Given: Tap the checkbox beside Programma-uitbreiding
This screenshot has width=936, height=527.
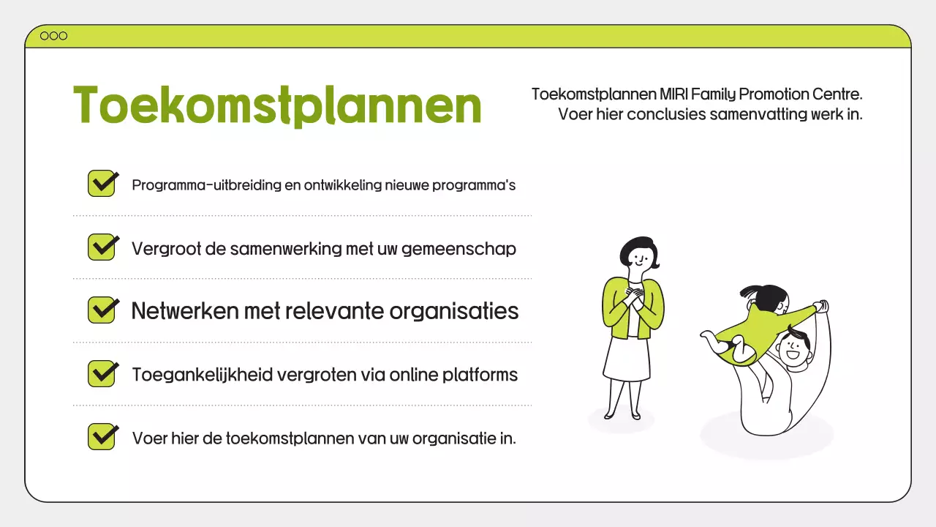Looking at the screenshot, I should coord(102,183).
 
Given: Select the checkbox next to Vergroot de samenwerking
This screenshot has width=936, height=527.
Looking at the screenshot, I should coord(102,247).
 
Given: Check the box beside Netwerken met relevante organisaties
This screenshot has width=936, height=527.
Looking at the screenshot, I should coord(102,310).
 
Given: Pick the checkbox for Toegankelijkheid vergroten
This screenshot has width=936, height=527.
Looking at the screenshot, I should coord(102,373).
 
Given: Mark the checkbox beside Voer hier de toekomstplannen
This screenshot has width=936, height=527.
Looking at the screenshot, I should coord(102,436).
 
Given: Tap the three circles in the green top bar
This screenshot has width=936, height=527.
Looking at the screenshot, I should coord(53,36).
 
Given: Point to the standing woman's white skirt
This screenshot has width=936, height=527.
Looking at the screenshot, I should coord(627,359).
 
